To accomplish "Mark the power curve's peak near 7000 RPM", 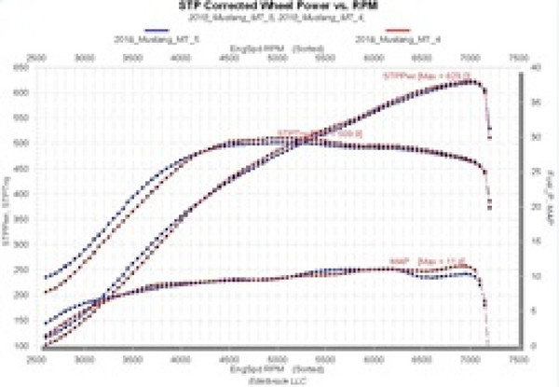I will coord(471,82).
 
